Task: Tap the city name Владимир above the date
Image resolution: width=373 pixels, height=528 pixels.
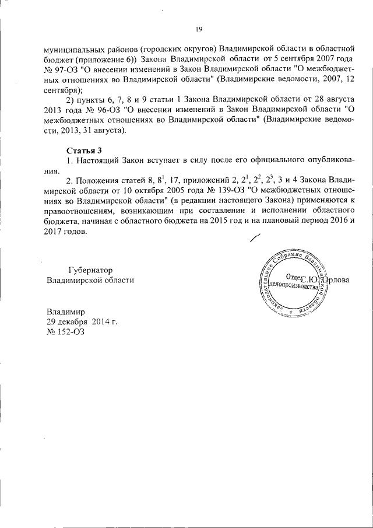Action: tap(66, 312)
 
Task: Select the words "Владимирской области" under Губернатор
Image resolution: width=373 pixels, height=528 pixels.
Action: tap(90, 280)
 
